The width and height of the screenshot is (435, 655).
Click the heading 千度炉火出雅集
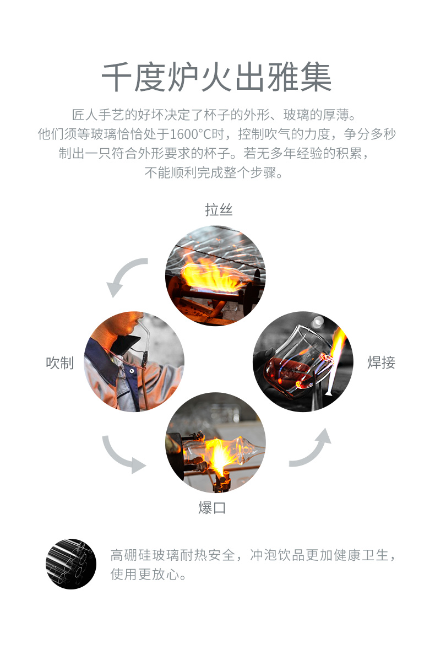[217, 77]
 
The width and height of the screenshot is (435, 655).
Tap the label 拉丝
[219, 210]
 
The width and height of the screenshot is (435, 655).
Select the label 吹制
[60, 362]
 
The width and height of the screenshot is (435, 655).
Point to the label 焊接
[381, 362]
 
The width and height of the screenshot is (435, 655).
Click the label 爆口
[212, 507]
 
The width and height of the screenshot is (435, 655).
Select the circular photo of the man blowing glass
[134, 362]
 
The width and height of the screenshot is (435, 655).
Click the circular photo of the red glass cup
[302, 361]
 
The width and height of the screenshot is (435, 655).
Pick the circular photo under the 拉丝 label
[216, 275]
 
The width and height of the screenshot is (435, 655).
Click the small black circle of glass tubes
[71, 564]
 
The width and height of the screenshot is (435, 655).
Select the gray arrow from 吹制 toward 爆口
[123, 455]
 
